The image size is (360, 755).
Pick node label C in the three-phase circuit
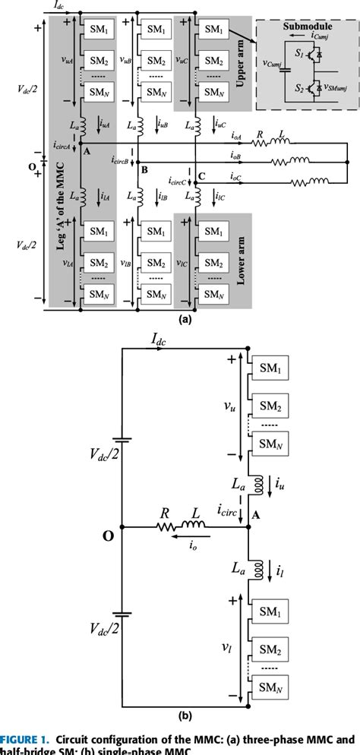201,177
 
